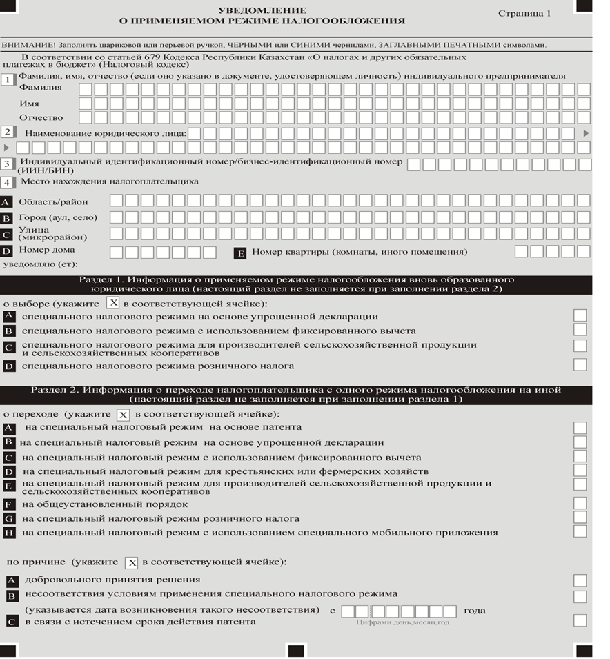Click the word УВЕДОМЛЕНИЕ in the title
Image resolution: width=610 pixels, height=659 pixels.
click(x=252, y=12)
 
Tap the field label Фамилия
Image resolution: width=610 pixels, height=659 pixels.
click(x=40, y=88)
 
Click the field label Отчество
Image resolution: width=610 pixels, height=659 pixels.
click(x=41, y=118)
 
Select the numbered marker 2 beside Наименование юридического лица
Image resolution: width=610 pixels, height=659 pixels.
click(x=8, y=132)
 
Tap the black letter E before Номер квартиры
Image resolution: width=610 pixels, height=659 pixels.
click(x=241, y=253)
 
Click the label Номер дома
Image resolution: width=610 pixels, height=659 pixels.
click(x=47, y=250)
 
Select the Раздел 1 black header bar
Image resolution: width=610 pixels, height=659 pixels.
click(x=297, y=284)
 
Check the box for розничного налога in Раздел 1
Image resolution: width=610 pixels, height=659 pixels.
click(x=580, y=364)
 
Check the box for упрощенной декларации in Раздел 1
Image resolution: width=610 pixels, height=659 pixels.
click(x=580, y=315)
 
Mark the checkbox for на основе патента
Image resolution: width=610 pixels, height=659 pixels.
click(x=580, y=428)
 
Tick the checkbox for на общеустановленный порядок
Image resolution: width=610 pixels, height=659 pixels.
click(x=580, y=503)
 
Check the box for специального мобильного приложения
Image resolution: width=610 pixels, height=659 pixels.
click(x=580, y=532)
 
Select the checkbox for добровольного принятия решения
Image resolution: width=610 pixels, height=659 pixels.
click(x=580, y=580)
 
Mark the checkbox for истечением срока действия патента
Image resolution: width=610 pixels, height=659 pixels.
click(x=580, y=620)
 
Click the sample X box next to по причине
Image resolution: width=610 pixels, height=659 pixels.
click(x=132, y=562)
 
